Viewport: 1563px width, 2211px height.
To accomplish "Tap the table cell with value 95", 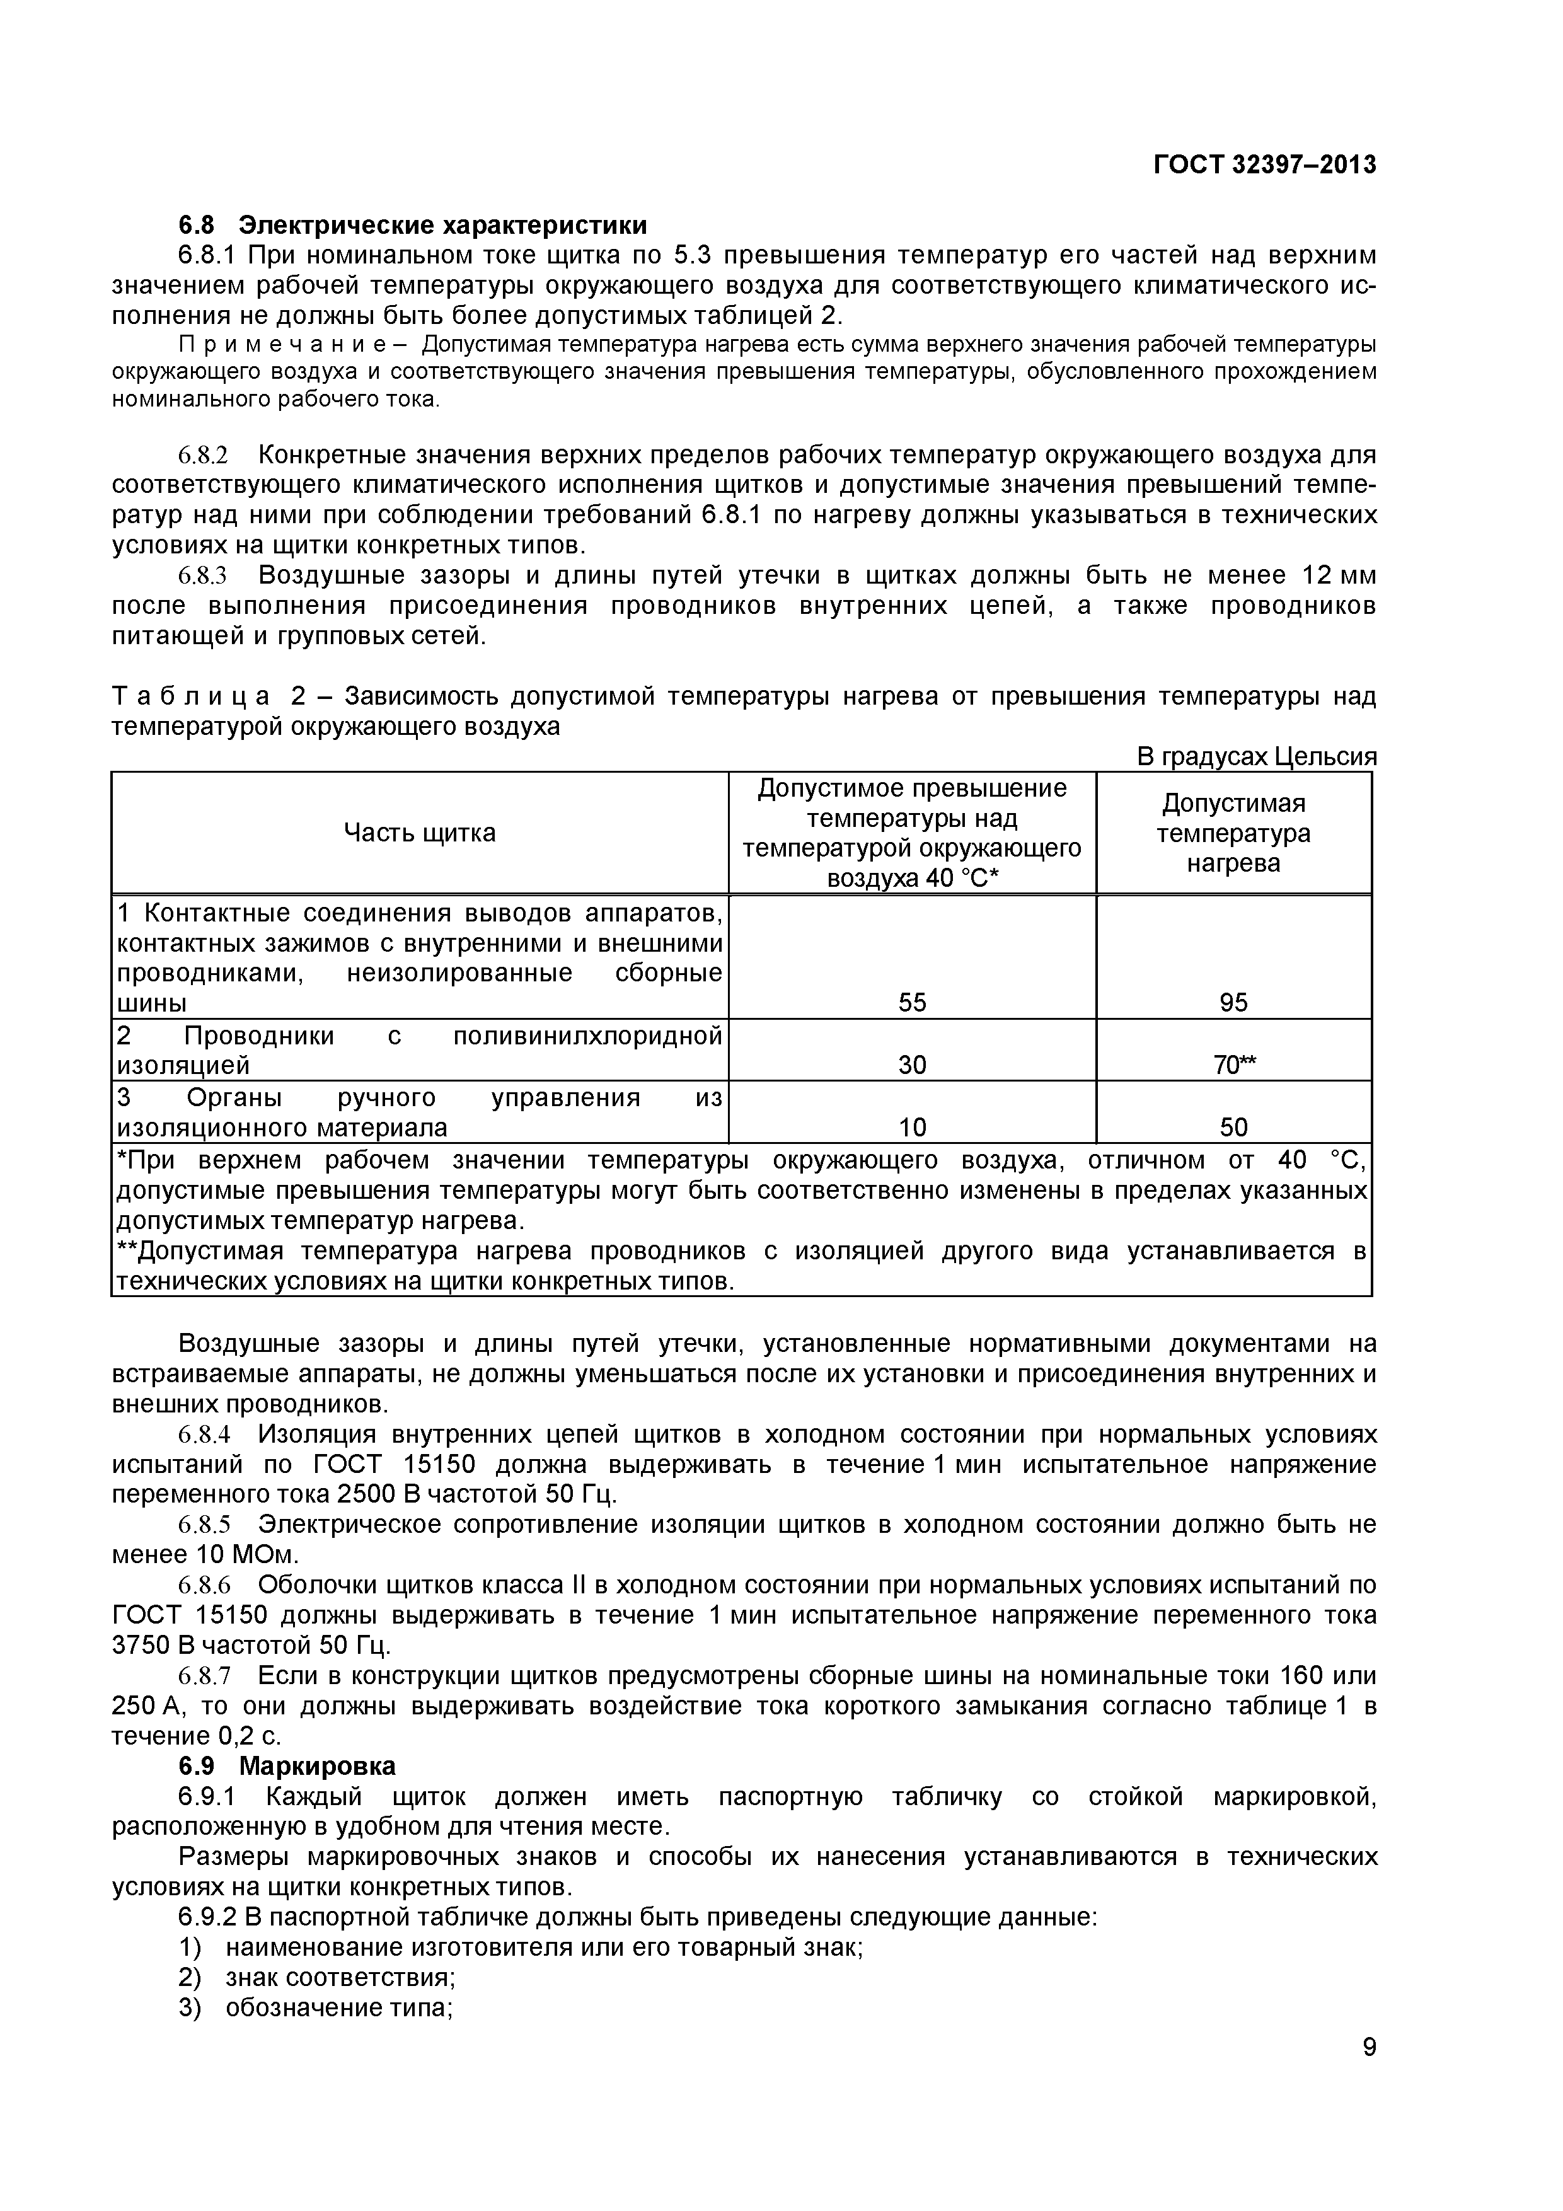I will pos(1233,1003).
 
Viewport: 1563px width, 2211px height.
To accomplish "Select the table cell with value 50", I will pos(1233,1127).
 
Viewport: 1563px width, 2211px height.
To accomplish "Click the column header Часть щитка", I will pos(420,833).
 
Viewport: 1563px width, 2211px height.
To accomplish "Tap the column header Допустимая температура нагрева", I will pos(1233,833).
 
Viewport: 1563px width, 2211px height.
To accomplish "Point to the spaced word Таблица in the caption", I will pos(191,696).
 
